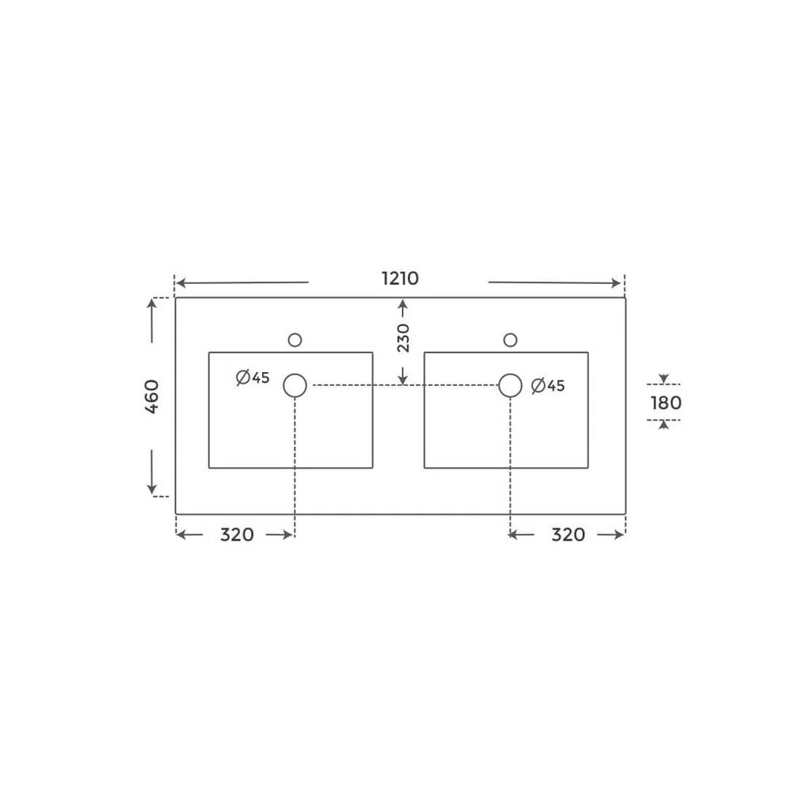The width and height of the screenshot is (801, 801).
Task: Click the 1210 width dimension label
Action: [x=400, y=278]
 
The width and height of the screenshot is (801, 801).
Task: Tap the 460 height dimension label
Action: [x=152, y=396]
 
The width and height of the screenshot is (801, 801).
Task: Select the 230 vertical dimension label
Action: [x=403, y=337]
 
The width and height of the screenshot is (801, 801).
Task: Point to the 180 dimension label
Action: [x=666, y=403]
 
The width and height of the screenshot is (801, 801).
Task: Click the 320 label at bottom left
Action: [x=237, y=535]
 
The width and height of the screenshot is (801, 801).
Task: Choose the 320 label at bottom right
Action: [x=568, y=535]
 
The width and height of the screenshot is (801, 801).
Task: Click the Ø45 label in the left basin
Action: [x=253, y=378]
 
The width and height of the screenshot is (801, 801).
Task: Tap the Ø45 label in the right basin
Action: [x=548, y=386]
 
